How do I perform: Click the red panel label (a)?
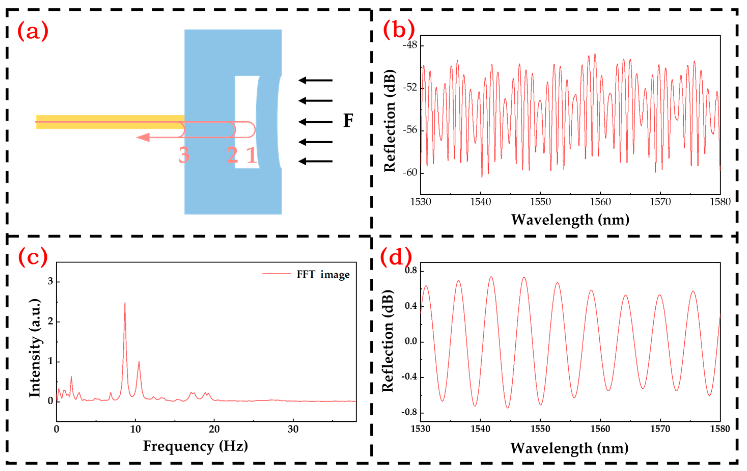(33, 31)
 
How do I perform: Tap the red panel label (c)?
(33, 257)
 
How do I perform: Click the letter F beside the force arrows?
(348, 121)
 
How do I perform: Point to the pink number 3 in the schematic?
(184, 155)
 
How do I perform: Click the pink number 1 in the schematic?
(251, 155)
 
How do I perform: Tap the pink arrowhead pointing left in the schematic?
(143, 137)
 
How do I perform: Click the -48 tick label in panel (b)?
(410, 45)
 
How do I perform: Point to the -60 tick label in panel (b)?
(410, 173)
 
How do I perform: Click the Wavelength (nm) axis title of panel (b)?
(570, 220)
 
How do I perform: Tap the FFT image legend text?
(323, 274)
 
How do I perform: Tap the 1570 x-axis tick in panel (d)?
(660, 429)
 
